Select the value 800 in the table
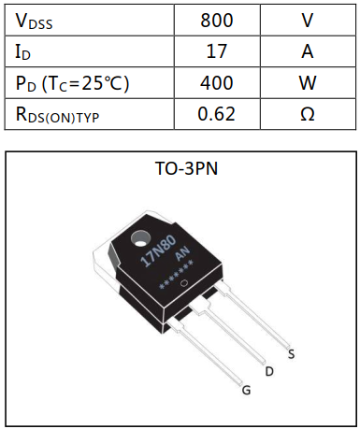[217, 20]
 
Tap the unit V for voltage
[308, 20]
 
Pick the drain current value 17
[217, 51]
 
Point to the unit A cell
[308, 51]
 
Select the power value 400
[217, 83]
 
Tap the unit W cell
[308, 83]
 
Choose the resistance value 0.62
[217, 115]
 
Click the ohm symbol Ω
[308, 115]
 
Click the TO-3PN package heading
[180, 170]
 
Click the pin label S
[293, 354]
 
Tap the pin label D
[269, 372]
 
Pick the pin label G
[246, 391]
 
